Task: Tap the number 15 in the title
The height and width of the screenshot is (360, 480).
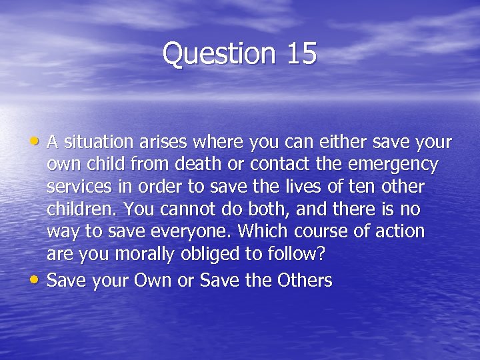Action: tap(302, 54)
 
